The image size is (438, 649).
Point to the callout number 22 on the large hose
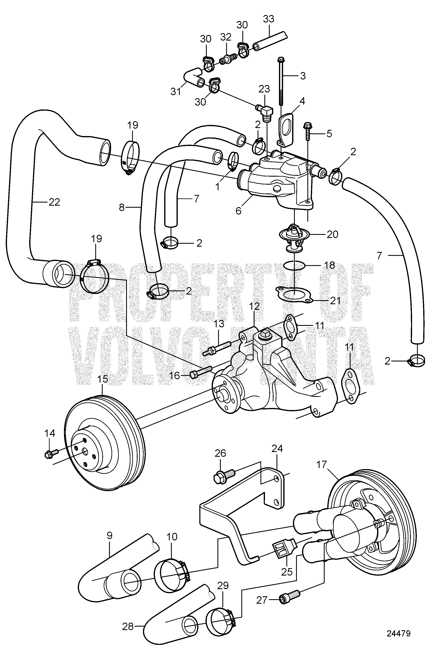point(54,202)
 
